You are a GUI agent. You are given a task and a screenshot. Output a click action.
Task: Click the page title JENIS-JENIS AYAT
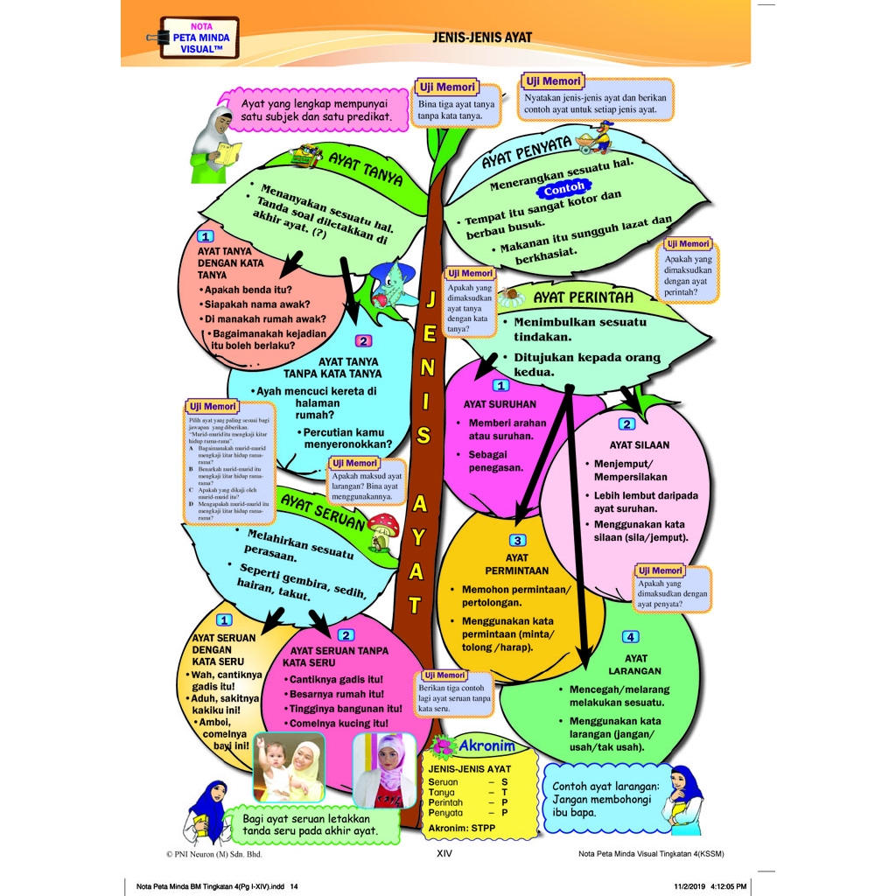482,38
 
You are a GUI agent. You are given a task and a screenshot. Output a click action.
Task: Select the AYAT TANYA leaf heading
365,168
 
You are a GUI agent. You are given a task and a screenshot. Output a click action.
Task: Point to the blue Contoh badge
563,187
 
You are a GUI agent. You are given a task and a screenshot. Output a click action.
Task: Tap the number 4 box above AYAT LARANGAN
630,636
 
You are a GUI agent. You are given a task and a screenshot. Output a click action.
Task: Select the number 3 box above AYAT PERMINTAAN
518,540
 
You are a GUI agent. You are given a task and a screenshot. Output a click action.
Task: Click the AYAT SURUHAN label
500,404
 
